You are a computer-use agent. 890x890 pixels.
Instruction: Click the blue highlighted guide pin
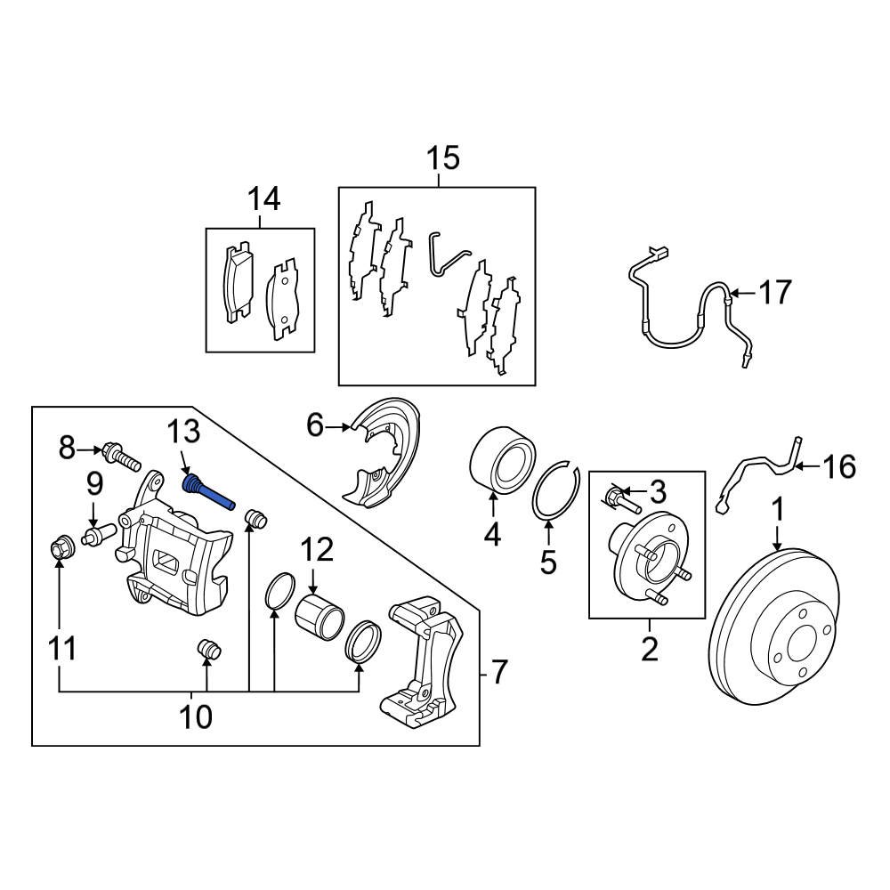tap(207, 492)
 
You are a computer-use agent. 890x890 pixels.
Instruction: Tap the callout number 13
tap(185, 433)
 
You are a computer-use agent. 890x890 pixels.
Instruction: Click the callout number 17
tap(775, 292)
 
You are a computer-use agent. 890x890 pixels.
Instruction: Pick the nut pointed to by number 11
tap(60, 546)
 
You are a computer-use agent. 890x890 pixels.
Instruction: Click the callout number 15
tap(442, 159)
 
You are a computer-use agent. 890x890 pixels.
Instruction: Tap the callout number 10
tap(197, 716)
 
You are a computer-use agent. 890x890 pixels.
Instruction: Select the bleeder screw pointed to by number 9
tap(94, 536)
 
